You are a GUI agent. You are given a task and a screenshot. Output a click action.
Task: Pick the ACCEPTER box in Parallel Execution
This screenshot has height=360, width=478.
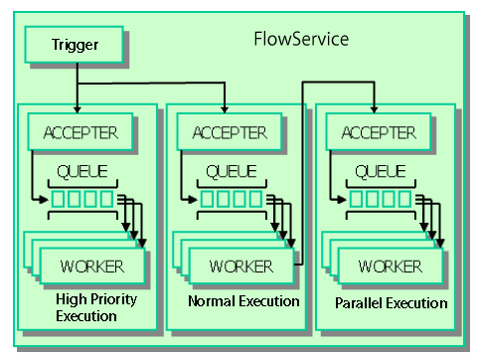[x=375, y=130]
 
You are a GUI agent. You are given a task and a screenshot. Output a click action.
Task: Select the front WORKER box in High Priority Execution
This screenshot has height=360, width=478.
[x=91, y=266]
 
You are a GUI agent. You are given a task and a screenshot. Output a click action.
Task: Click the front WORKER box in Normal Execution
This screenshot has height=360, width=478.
[x=240, y=266]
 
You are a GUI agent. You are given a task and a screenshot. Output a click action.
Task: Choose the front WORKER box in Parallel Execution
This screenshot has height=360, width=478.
[x=391, y=266]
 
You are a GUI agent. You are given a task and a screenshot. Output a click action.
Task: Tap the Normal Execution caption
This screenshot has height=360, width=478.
[x=243, y=300]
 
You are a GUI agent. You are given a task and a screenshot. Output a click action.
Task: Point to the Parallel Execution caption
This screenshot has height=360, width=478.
[x=392, y=302]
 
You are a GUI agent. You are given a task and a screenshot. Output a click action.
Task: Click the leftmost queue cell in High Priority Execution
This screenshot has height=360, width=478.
[x=59, y=200]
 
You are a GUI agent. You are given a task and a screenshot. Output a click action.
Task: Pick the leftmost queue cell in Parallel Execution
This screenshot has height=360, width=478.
[x=358, y=200]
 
